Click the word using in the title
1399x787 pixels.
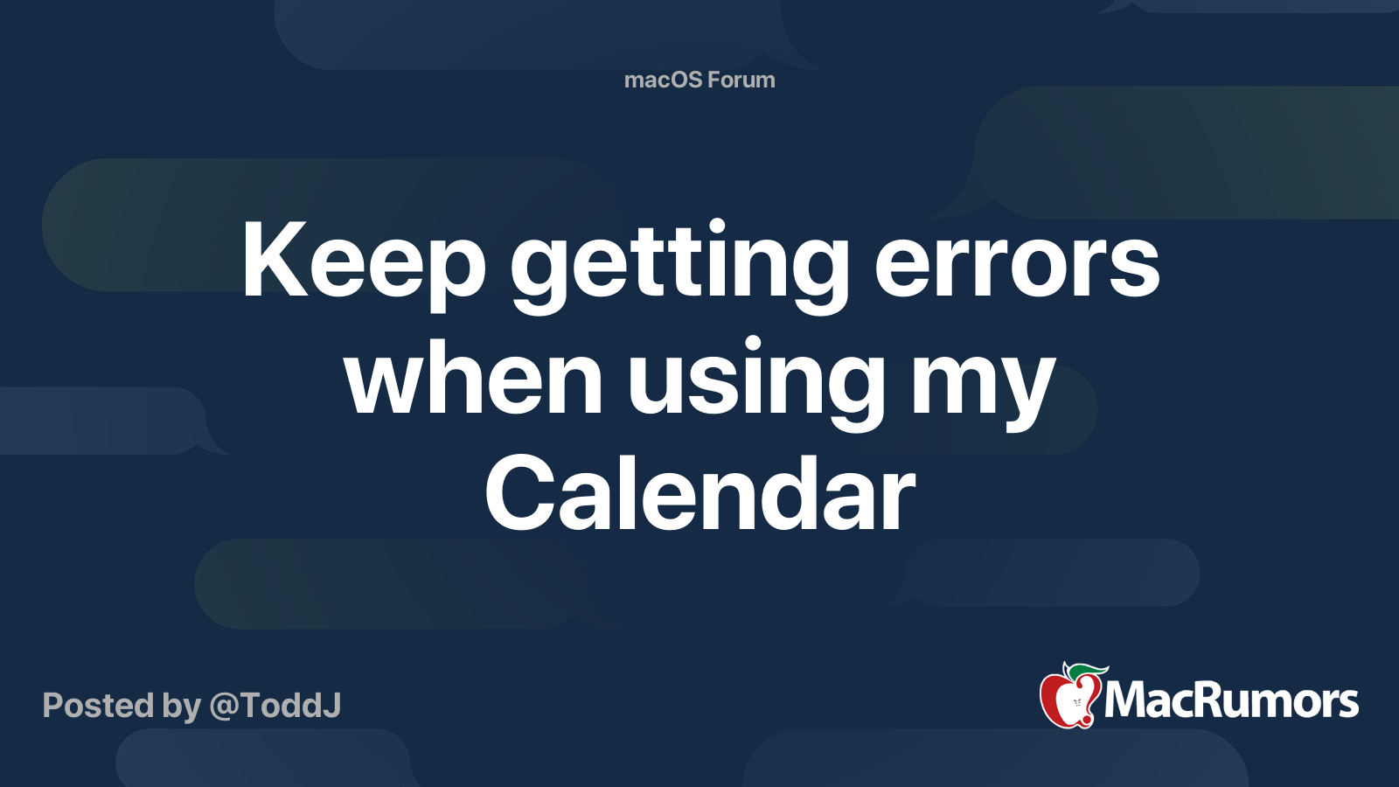point(755,384)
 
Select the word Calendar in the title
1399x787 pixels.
point(700,493)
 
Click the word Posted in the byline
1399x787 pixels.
point(99,705)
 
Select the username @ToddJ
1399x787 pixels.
point(275,707)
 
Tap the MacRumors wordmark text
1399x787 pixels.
point(1231,700)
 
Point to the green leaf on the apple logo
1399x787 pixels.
point(1089,672)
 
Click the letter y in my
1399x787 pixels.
point(1023,394)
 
